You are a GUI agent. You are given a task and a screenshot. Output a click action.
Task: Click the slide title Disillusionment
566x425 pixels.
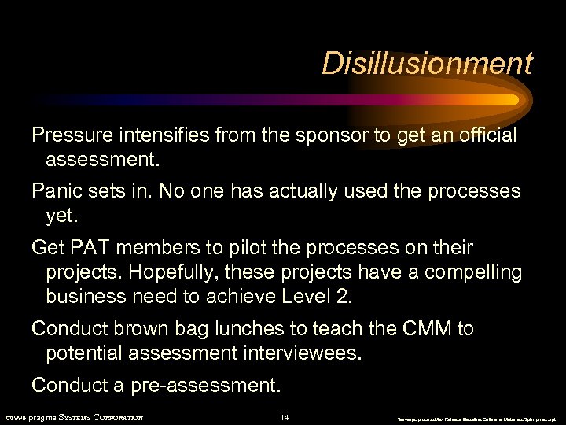427,63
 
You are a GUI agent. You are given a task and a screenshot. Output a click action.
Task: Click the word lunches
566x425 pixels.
268,328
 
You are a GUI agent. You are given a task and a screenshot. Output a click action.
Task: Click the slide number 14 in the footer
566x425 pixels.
285,417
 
